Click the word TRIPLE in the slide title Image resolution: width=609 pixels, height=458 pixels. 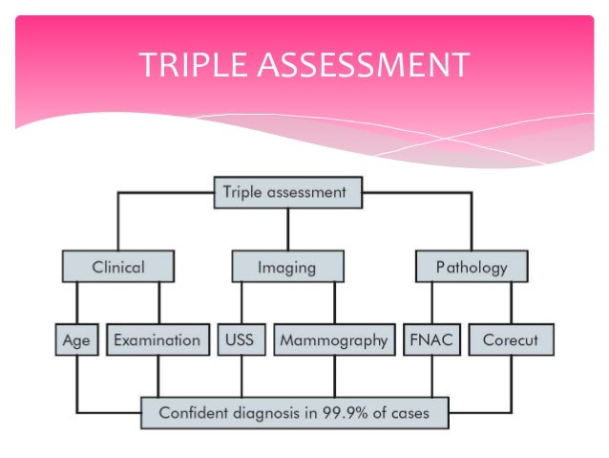pos(185,66)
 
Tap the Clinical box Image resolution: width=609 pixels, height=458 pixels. pos(118,267)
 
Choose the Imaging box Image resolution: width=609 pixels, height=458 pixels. pos(286,267)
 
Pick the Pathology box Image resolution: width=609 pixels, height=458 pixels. pos(472,267)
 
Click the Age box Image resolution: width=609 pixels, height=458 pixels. pos(76,340)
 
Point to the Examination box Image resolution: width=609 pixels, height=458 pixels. pos(157,340)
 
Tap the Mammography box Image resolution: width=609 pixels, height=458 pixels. pos(333,340)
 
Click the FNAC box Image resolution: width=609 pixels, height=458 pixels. pos(431,340)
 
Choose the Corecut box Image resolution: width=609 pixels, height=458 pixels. pos(511,340)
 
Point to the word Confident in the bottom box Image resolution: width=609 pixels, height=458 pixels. pos(191,414)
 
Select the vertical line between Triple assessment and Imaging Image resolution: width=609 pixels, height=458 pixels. pos(286,229)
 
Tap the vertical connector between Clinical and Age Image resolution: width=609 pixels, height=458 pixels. pos(76,303)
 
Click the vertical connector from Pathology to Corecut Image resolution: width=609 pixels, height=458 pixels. pos(512,303)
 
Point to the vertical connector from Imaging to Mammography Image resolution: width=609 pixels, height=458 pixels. pos(333,303)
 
